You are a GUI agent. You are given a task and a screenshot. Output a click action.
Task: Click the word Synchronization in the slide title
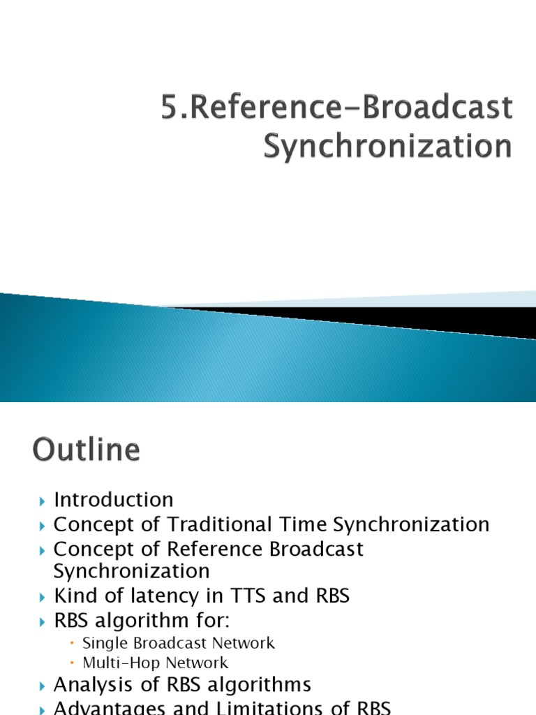tap(387, 147)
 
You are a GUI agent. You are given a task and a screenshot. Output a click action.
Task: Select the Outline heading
tap(86, 450)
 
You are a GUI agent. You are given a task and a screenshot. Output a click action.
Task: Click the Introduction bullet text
tap(114, 500)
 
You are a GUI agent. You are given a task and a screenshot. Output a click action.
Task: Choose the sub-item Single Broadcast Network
tap(179, 643)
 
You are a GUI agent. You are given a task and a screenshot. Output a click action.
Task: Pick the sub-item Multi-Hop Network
tap(155, 663)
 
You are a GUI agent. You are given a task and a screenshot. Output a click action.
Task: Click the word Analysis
tap(91, 684)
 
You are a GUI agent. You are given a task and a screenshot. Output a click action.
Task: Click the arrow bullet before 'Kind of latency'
tap(41, 597)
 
